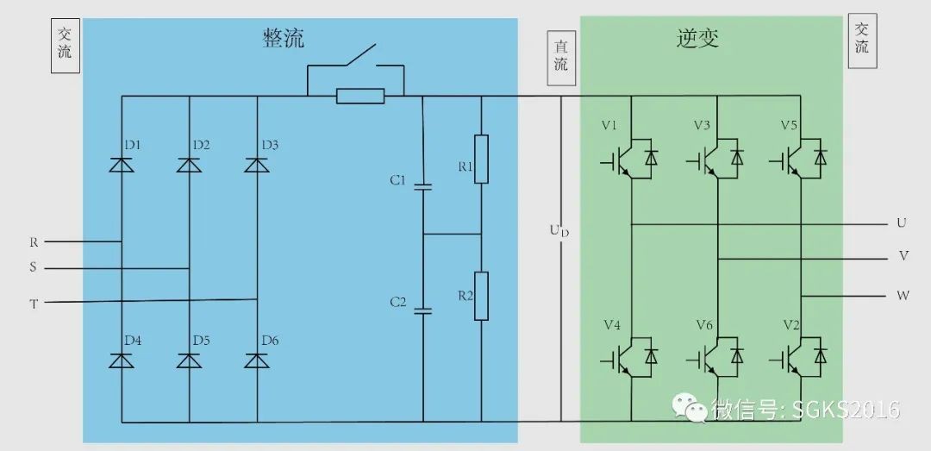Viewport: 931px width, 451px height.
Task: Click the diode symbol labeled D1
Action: tap(122, 165)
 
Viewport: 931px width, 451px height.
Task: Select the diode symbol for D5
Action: tap(190, 360)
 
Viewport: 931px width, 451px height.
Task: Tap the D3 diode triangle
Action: tap(257, 165)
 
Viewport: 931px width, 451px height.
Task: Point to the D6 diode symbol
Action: tap(257, 360)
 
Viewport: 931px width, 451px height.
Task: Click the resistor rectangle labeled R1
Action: tap(481, 159)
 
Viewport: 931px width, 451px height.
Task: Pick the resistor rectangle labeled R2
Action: tap(481, 296)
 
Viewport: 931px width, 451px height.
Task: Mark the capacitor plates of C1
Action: tap(422, 186)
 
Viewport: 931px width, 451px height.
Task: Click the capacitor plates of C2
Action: tap(422, 310)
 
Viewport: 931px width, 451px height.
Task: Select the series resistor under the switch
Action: tap(360, 96)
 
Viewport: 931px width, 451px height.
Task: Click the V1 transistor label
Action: tap(609, 125)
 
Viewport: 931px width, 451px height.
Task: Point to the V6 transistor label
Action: tap(703, 325)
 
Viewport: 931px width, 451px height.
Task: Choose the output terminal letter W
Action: tap(903, 296)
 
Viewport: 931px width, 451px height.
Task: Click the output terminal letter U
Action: tap(902, 223)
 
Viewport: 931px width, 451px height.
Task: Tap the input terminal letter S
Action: tap(34, 268)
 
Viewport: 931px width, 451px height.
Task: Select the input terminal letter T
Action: tap(34, 303)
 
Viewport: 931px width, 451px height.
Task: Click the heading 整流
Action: tap(284, 38)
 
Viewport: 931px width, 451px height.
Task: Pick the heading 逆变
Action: tap(697, 38)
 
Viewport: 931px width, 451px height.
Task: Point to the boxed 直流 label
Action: tap(561, 56)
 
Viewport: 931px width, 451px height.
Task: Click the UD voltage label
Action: tap(559, 230)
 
